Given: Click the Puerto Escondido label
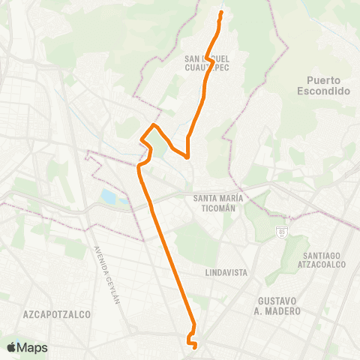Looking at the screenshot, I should tap(328, 85).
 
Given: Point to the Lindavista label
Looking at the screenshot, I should tap(226, 272).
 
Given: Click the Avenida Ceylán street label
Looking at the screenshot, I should tap(107, 274).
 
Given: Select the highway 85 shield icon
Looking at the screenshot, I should tap(282, 230).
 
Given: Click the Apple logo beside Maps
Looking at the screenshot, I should tap(11, 348).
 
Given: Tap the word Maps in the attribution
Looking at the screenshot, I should tap(32, 348).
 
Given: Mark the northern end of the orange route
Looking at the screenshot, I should tap(220, 13).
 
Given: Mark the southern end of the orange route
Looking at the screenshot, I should tap(194, 346).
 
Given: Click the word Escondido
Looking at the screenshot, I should tap(328, 91).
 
